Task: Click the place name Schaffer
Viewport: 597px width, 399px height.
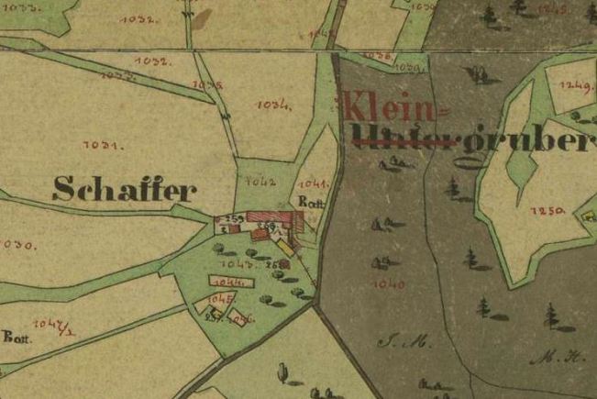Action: coord(125,190)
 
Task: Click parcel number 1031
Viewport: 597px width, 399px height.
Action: coord(103,145)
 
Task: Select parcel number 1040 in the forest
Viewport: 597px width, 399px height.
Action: coord(388,284)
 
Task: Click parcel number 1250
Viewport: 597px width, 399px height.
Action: coord(547,210)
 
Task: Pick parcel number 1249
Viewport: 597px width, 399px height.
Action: coord(576,88)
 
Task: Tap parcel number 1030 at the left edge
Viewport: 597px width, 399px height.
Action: coord(16,245)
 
